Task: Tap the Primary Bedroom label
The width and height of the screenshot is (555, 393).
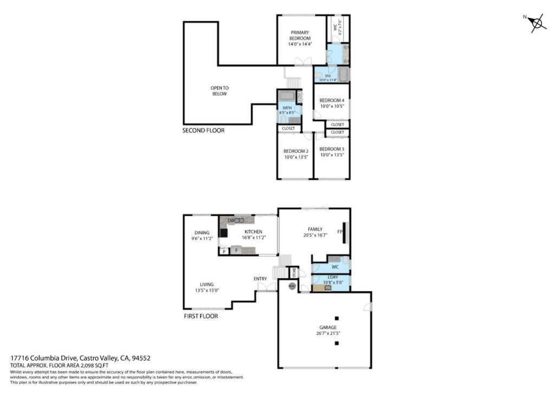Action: pos(300,35)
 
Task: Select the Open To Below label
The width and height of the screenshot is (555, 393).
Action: pos(220,91)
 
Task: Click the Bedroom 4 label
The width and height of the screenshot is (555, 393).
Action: pos(331,100)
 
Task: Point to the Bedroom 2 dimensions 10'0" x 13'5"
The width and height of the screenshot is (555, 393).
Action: pos(296,157)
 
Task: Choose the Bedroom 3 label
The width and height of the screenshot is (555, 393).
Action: pos(331,149)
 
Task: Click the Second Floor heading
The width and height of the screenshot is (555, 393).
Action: pos(203,131)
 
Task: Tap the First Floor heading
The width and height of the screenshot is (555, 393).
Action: pos(201,316)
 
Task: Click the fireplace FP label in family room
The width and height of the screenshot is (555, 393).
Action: pos(340,232)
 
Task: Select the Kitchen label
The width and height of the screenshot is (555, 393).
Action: pos(253,231)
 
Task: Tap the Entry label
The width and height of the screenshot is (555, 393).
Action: pos(260,279)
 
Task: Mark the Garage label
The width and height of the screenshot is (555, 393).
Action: pos(328,327)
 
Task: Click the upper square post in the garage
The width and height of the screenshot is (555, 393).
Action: pos(337,318)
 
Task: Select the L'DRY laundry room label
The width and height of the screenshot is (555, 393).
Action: pos(331,278)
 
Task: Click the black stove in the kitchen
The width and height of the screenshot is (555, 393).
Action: pos(223,234)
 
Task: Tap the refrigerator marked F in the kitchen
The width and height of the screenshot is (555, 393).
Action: pos(236,250)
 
